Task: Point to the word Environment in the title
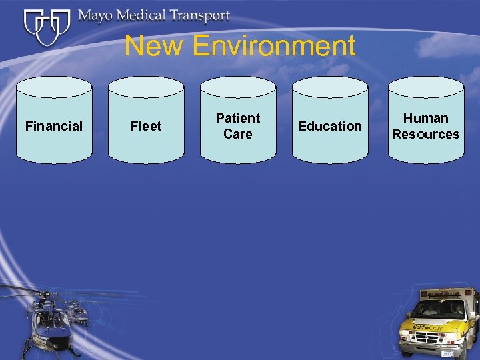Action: click(273, 46)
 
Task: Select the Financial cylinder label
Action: click(54, 126)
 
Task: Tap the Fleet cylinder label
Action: click(146, 126)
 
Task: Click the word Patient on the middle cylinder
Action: click(238, 118)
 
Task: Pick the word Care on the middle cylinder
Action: click(238, 134)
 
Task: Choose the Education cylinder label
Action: click(330, 126)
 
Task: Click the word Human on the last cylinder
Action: click(426, 118)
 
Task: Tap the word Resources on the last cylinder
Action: click(426, 134)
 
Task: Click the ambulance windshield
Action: click(444, 308)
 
